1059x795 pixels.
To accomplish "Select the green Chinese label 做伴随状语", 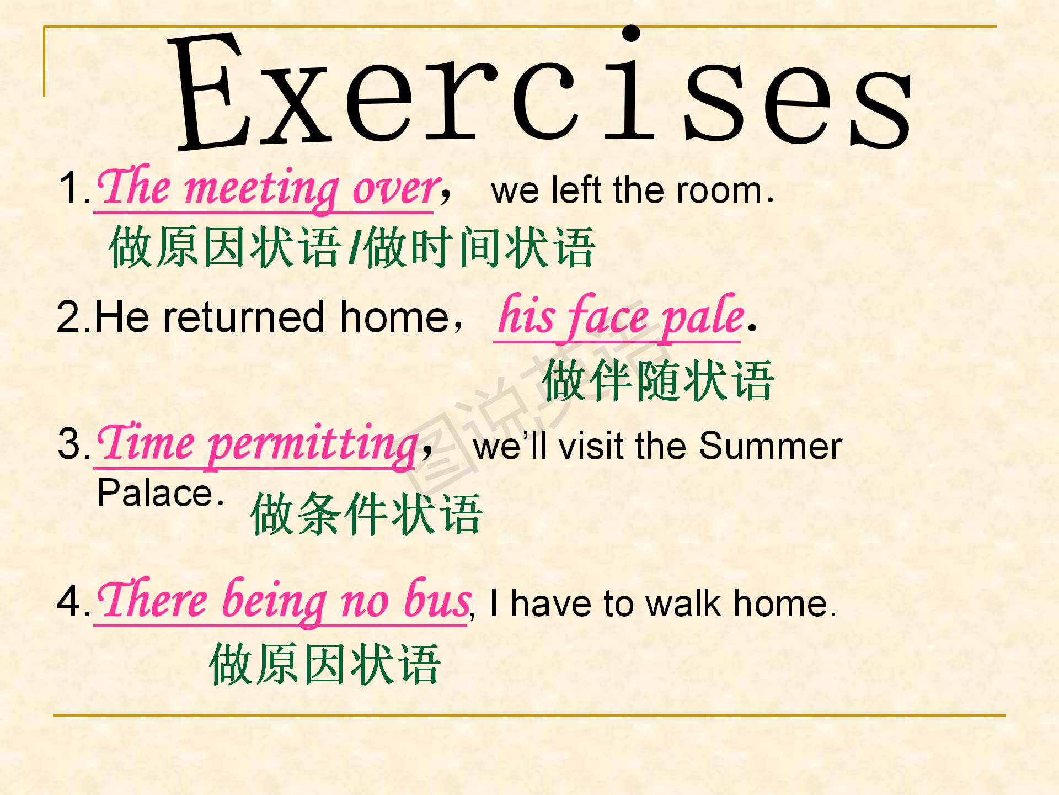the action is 658,380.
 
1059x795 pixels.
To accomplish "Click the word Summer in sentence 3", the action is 770,446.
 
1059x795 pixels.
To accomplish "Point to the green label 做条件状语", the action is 367,513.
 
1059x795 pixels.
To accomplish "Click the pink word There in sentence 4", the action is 152,598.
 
